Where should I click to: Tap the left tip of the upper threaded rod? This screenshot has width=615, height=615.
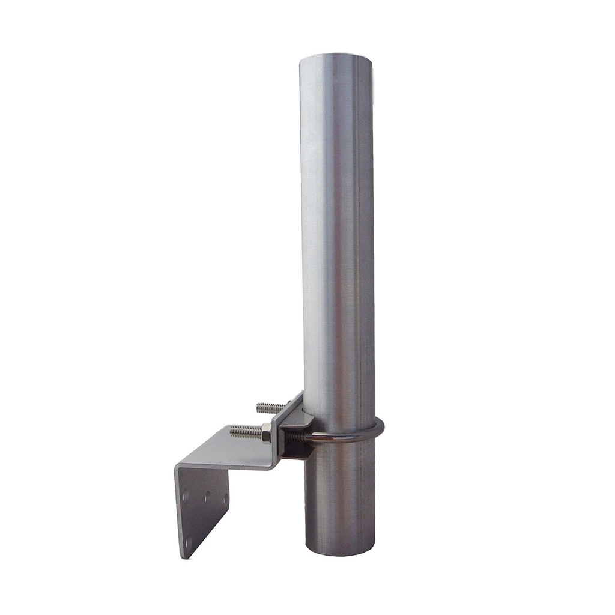click(258, 408)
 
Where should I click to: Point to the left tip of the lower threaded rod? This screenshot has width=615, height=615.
click(231, 431)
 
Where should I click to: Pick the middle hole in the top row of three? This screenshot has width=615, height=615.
click(207, 497)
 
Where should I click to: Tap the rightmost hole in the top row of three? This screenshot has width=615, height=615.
click(226, 498)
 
